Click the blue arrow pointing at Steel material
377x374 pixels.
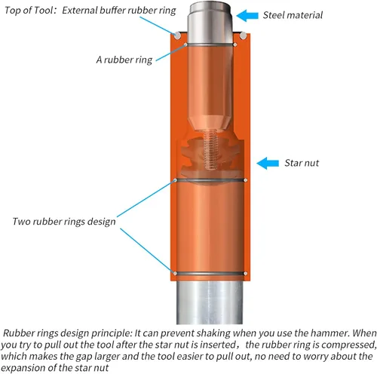click(247, 16)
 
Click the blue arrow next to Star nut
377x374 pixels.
click(268, 163)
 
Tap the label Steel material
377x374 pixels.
click(293, 15)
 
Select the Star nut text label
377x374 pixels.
click(302, 163)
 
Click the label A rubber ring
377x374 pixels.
click(124, 60)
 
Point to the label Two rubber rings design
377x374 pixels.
click(64, 222)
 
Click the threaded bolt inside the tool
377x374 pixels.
click(210, 150)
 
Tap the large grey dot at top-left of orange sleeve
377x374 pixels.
click(177, 35)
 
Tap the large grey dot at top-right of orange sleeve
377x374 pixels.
click(243, 35)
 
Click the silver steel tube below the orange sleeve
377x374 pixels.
click(210, 302)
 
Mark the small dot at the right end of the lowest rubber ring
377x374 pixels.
click(246, 274)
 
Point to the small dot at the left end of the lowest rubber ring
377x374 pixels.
click(175, 274)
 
